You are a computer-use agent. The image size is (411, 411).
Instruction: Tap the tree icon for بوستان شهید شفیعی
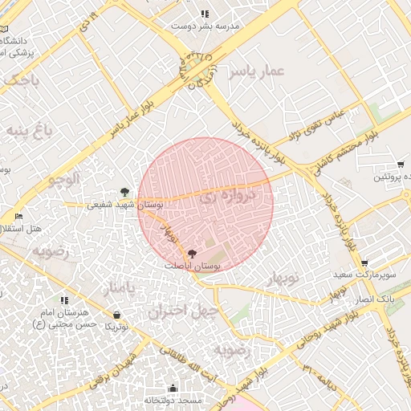click(x=124, y=192)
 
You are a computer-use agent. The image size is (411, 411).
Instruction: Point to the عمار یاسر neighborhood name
click(x=255, y=72)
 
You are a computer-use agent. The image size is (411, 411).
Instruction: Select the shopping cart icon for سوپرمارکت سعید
click(x=364, y=262)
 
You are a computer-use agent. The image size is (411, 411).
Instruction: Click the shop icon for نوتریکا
click(x=117, y=315)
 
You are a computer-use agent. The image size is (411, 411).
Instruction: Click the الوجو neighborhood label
click(x=62, y=178)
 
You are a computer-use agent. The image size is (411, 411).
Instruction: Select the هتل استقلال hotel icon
click(x=18, y=217)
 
